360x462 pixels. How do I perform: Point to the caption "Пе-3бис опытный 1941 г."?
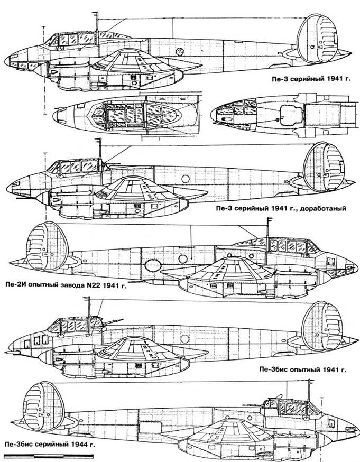tap(302, 369)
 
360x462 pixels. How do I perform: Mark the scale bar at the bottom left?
tap(49, 456)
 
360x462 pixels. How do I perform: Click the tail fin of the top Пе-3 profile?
tap(317, 38)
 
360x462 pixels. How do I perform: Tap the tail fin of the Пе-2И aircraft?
tap(47, 246)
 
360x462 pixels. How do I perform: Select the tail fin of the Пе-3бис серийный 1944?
tap(43, 406)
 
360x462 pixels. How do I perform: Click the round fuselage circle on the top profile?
tap(179, 52)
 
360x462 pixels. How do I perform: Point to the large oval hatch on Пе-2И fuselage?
tap(153, 265)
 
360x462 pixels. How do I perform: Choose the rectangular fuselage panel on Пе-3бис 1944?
tap(150, 427)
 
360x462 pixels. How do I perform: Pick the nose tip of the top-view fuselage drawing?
tap(54, 116)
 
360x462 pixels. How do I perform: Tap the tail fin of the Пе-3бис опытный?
tap(323, 326)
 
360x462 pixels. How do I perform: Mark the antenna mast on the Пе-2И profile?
tap(268, 232)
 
